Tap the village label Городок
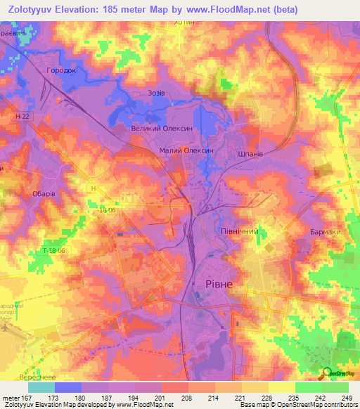coord(60,72)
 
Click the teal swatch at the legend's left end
coord(41,387)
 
